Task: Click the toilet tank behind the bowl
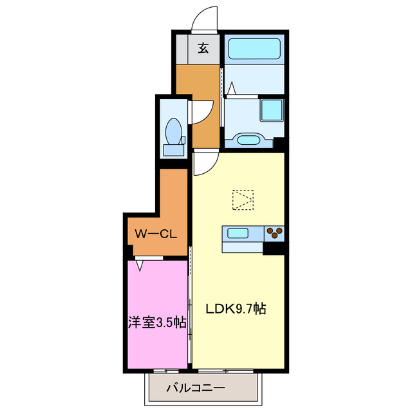tap(173, 149)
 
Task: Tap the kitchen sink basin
tap(236, 233)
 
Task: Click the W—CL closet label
tap(156, 234)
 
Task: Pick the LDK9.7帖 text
tap(236, 308)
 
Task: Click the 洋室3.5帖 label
tap(156, 323)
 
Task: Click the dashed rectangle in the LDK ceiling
tap(243, 200)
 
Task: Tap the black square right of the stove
tap(276, 247)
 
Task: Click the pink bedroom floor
tap(156, 290)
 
